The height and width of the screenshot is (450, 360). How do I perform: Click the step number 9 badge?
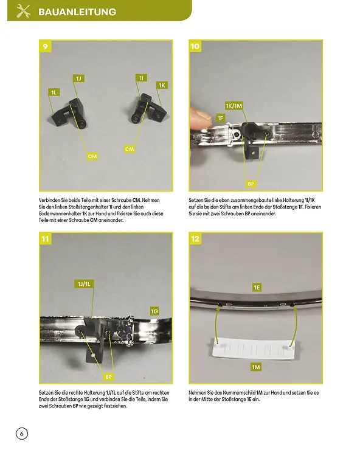(46, 46)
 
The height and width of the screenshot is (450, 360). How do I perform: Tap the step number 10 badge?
(195, 46)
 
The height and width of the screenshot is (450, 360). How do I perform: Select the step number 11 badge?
(46, 239)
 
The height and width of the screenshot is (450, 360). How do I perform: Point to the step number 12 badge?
(195, 239)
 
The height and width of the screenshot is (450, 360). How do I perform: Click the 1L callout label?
(54, 92)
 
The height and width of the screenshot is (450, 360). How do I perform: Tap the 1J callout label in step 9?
(78, 78)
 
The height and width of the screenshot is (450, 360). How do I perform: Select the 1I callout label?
(141, 78)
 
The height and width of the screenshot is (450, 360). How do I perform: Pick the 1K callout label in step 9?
(162, 85)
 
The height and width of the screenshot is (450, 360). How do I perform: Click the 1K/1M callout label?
(234, 106)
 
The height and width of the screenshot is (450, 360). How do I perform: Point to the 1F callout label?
(220, 118)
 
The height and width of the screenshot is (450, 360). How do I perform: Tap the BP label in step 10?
(251, 184)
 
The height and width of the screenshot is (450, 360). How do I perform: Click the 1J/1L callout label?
(84, 284)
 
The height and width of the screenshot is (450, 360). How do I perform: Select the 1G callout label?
(154, 311)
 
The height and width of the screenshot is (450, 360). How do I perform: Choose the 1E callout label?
(257, 287)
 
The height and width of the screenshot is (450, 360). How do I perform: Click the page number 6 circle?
(22, 434)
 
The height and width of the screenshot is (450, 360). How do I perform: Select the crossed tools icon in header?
(24, 11)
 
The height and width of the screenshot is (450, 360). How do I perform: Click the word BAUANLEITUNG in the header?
(77, 12)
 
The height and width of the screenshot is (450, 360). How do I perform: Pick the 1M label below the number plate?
(256, 367)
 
